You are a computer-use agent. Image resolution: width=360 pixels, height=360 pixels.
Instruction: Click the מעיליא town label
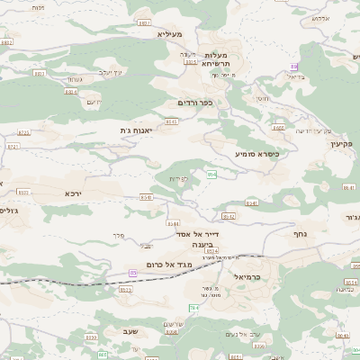click(169, 34)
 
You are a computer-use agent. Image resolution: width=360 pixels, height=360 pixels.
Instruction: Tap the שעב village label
click(127, 331)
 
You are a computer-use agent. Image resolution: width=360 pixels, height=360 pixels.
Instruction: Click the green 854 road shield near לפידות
click(211, 174)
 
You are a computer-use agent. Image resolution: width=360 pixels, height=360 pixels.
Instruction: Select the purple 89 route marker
click(293, 67)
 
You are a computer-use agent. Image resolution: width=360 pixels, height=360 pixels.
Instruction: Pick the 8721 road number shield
click(24, 132)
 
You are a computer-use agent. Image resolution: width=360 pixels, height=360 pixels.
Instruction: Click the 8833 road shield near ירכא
click(23, 192)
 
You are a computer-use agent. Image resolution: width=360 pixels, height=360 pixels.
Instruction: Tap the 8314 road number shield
click(71, 91)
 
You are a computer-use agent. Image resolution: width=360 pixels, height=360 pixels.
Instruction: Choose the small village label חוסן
click(261, 97)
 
